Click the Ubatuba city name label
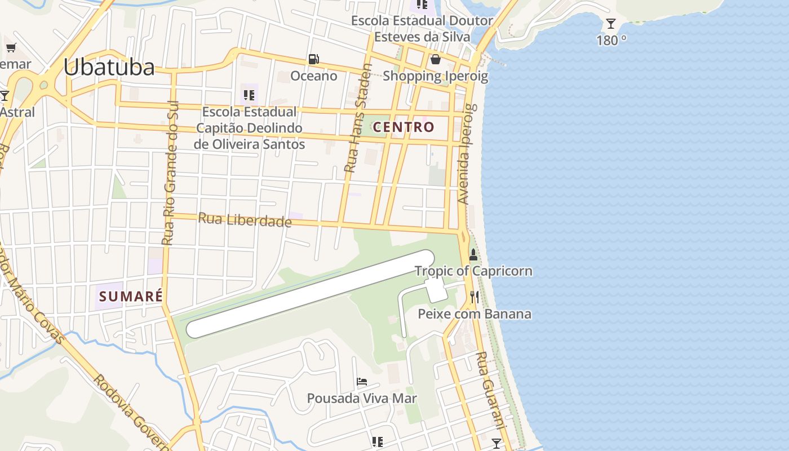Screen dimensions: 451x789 (x=109, y=67)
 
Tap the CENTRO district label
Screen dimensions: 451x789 (x=404, y=127)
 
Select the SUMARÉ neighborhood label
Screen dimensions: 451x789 (x=130, y=296)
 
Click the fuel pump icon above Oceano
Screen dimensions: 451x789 (x=313, y=59)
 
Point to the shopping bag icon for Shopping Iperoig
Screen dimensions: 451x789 (x=435, y=59)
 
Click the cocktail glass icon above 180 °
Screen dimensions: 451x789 (x=610, y=24)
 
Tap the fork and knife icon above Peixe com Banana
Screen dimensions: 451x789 (x=475, y=297)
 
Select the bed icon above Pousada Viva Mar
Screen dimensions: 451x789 (x=362, y=382)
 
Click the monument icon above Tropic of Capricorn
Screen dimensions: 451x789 (x=473, y=255)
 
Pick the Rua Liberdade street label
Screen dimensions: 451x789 (x=245, y=219)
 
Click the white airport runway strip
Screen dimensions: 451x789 (x=310, y=294)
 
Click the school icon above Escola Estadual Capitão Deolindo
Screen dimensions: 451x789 (x=249, y=94)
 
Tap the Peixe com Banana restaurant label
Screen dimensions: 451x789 (x=474, y=314)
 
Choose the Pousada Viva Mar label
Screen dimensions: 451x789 (x=362, y=399)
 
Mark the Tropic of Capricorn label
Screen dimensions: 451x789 (x=473, y=271)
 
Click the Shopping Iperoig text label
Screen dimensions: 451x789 (x=435, y=76)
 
